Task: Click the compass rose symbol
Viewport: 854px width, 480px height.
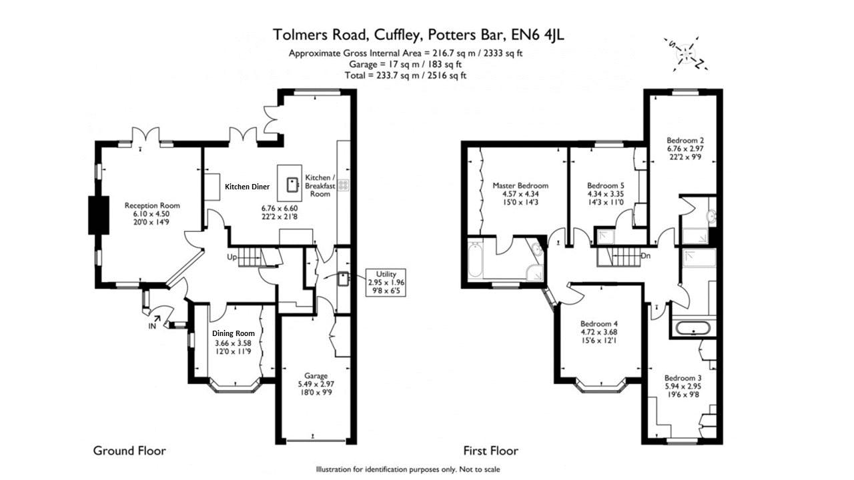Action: (x=686, y=55)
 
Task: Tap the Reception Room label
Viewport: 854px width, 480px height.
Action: (x=152, y=206)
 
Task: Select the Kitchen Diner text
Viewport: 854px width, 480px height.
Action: (x=247, y=187)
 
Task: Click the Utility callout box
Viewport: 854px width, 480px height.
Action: (x=386, y=283)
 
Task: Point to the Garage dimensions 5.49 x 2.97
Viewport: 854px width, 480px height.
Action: (x=316, y=384)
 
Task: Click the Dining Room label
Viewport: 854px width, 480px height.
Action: (x=234, y=333)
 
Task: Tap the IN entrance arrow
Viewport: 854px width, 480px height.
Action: (x=157, y=319)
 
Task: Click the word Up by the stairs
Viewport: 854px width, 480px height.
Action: (x=232, y=257)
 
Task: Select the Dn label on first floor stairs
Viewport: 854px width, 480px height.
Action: (x=645, y=256)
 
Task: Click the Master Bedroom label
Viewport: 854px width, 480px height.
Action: (x=520, y=185)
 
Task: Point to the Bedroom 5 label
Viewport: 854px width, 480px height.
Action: (x=605, y=185)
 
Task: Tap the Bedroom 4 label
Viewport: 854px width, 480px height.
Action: (x=599, y=324)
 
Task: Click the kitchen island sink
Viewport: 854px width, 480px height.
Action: (x=293, y=185)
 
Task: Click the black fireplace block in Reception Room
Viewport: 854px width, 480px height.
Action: (x=99, y=215)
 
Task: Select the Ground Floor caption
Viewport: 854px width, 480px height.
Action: (x=129, y=451)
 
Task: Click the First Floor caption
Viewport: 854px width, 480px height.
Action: (x=490, y=451)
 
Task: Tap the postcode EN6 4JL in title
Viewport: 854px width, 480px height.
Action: (x=538, y=35)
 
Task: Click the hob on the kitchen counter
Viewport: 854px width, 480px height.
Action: (x=343, y=185)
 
